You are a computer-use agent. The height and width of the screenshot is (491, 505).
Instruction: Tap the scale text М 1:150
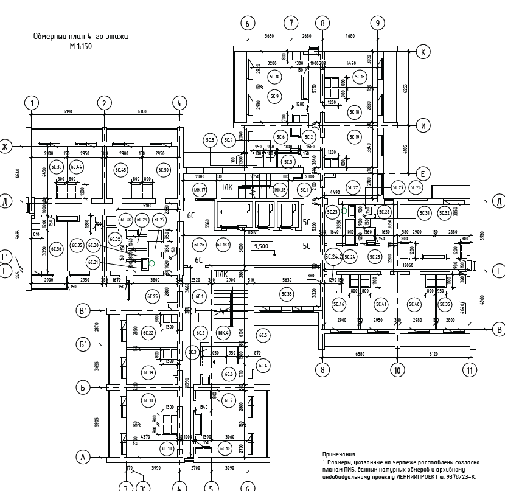[80, 46]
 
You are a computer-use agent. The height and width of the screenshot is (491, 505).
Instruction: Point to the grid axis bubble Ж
[5, 147]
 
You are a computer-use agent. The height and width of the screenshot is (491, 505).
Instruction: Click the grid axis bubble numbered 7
[291, 23]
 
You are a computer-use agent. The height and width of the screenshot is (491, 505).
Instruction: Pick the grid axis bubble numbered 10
[397, 369]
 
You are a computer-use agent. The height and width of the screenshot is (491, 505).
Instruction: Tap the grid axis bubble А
[83, 457]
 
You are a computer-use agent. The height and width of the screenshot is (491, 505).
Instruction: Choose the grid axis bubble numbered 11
[469, 369]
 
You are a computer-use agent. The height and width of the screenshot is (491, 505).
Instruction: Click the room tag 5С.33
[287, 294]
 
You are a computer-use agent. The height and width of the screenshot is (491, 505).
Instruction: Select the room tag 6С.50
[163, 170]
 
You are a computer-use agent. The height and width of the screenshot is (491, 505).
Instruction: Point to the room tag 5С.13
[360, 77]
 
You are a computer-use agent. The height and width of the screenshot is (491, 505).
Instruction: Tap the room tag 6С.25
[152, 296]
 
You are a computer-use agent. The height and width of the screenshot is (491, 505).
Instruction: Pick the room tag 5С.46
[339, 304]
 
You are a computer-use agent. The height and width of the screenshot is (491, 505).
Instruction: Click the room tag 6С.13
[167, 448]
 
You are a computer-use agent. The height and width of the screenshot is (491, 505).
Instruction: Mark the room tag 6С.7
[229, 400]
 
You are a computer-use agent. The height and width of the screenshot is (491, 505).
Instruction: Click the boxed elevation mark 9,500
[262, 246]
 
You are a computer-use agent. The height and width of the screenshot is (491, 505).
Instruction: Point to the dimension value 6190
[68, 112]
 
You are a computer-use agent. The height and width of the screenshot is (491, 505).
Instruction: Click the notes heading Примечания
[340, 454]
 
